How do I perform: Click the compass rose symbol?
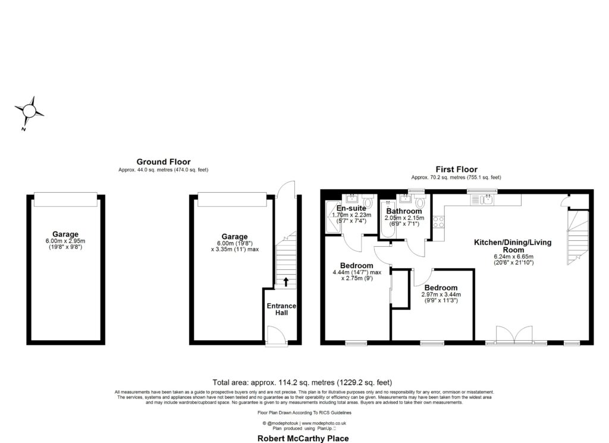(x=29, y=111)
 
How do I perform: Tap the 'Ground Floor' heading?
(x=164, y=161)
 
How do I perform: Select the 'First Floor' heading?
(x=456, y=169)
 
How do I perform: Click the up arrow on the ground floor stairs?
(x=285, y=281)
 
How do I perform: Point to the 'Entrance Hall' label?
(x=281, y=309)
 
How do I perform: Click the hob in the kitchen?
(x=440, y=222)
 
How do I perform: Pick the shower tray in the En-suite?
(x=331, y=217)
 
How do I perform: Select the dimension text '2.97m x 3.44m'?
(x=441, y=294)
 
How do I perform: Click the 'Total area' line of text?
(x=302, y=382)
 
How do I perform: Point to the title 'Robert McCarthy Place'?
(x=302, y=438)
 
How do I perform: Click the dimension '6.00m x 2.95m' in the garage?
(x=65, y=241)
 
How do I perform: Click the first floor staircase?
(x=577, y=238)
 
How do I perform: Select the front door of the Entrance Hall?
(x=275, y=336)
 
